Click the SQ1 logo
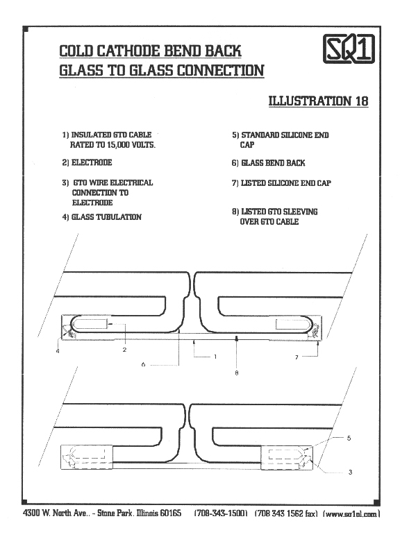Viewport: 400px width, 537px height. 349,49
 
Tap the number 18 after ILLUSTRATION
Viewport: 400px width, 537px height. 362,101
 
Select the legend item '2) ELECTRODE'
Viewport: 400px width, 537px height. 87,162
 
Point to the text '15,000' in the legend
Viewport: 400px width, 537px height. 118,145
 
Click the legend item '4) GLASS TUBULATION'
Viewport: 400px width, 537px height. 102,217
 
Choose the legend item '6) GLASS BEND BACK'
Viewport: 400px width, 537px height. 268,163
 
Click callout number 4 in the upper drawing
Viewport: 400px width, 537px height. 58,351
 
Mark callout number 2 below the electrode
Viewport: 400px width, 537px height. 124,350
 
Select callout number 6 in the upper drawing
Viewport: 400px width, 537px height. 143,365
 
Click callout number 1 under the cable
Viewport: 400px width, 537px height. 215,357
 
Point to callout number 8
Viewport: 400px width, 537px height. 237,373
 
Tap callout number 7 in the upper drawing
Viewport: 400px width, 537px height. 297,357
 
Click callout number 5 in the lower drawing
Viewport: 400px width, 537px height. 349,438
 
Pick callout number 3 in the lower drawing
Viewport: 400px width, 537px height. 350,472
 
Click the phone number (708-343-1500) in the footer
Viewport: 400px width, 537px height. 221,513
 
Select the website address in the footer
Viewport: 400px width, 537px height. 351,513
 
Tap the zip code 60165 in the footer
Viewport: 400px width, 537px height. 171,513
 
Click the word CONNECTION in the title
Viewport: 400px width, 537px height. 221,71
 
